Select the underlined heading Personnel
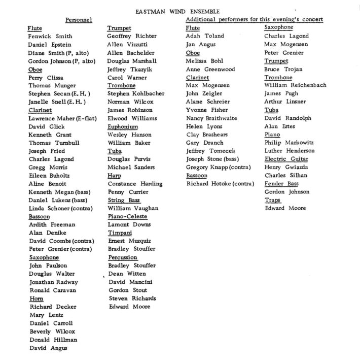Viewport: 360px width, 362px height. [x=78, y=19]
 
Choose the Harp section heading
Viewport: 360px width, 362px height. [x=114, y=175]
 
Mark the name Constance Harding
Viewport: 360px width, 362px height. [x=135, y=183]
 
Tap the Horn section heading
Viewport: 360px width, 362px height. [x=37, y=299]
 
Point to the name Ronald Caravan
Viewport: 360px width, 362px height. [x=53, y=290]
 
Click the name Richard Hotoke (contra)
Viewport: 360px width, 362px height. [x=220, y=183]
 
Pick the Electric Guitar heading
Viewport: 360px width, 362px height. [x=286, y=159]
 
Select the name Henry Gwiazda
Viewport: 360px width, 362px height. [x=285, y=167]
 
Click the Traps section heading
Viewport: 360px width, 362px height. [x=273, y=200]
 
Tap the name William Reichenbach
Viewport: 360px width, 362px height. [x=295, y=85]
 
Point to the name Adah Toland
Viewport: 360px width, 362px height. [x=205, y=36]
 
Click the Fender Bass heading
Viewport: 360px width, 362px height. [x=281, y=183]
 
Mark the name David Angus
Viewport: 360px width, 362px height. [x=49, y=348]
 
